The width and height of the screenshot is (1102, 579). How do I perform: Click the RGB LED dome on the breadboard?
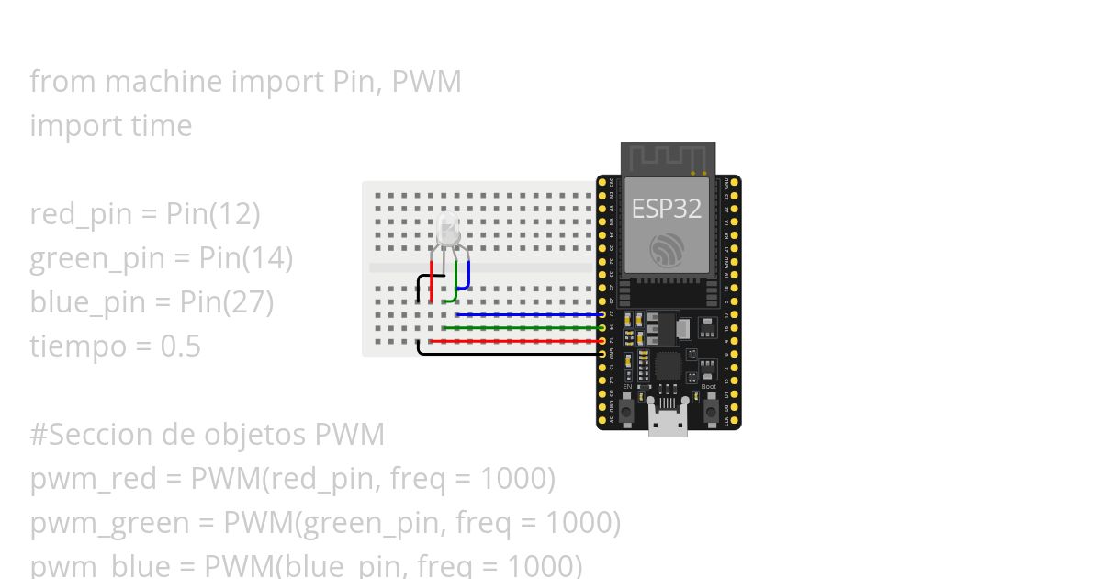click(x=448, y=229)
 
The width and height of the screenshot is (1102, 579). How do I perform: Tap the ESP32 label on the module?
click(x=666, y=209)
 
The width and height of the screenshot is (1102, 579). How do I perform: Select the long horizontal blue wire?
click(x=528, y=314)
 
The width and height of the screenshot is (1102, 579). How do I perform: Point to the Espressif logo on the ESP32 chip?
click(x=666, y=250)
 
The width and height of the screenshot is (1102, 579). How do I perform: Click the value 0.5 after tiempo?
click(x=180, y=346)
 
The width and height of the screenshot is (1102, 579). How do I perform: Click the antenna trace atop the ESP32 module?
click(x=668, y=158)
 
